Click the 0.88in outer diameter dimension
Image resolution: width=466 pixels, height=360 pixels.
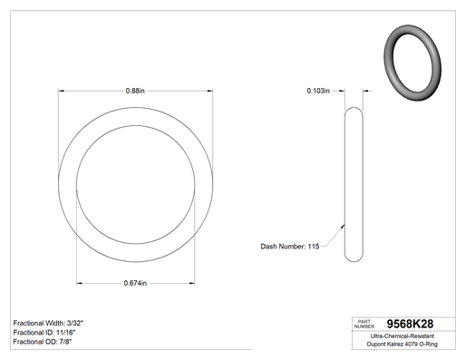tap(135, 91)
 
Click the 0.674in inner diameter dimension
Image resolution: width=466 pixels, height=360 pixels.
tap(135, 283)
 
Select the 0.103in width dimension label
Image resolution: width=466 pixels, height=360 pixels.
tap(318, 91)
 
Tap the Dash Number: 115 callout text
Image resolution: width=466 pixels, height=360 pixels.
tap(290, 247)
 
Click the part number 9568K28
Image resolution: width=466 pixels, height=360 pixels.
tap(410, 324)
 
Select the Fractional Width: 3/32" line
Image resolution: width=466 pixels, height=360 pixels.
tap(48, 323)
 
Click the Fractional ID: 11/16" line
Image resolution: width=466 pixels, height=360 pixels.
tap(44, 333)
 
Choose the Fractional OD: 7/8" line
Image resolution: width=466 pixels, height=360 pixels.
tap(43, 342)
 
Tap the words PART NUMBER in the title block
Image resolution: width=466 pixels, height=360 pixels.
tap(364, 324)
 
